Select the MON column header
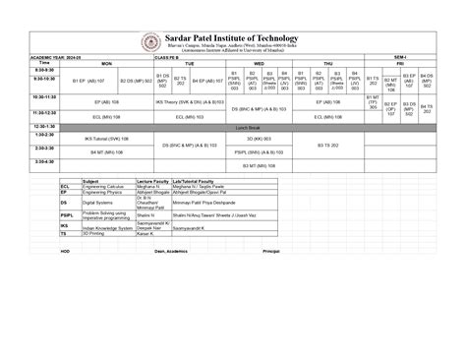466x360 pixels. click(x=106, y=62)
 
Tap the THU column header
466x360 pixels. click(x=327, y=62)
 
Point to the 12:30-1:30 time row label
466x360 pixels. click(x=44, y=126)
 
